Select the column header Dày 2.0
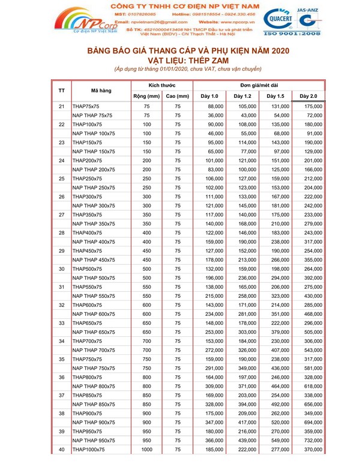(x=308, y=96)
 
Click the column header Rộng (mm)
(x=146, y=96)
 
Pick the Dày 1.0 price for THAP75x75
(x=211, y=106)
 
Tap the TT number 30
(x=61, y=252)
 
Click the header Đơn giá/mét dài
(x=259, y=85)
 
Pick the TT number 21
(x=61, y=106)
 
